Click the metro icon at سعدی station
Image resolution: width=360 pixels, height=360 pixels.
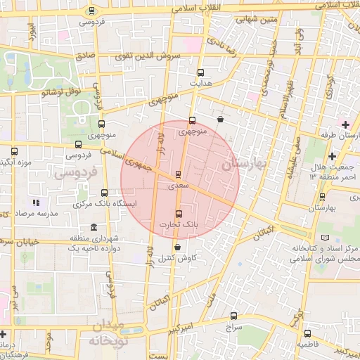pos(178,173)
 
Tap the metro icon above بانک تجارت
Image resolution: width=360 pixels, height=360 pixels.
pos(177,214)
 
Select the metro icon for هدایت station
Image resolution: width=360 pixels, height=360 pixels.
pos(201,72)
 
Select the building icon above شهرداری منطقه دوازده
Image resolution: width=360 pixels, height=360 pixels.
pos(94,226)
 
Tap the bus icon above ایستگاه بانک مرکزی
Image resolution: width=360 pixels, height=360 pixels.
pos(104,193)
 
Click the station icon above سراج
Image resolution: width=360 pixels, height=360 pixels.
pos(234,316)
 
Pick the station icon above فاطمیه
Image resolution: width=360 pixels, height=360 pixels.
pos(307,333)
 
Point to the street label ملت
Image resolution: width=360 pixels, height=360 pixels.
pos(208,299)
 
